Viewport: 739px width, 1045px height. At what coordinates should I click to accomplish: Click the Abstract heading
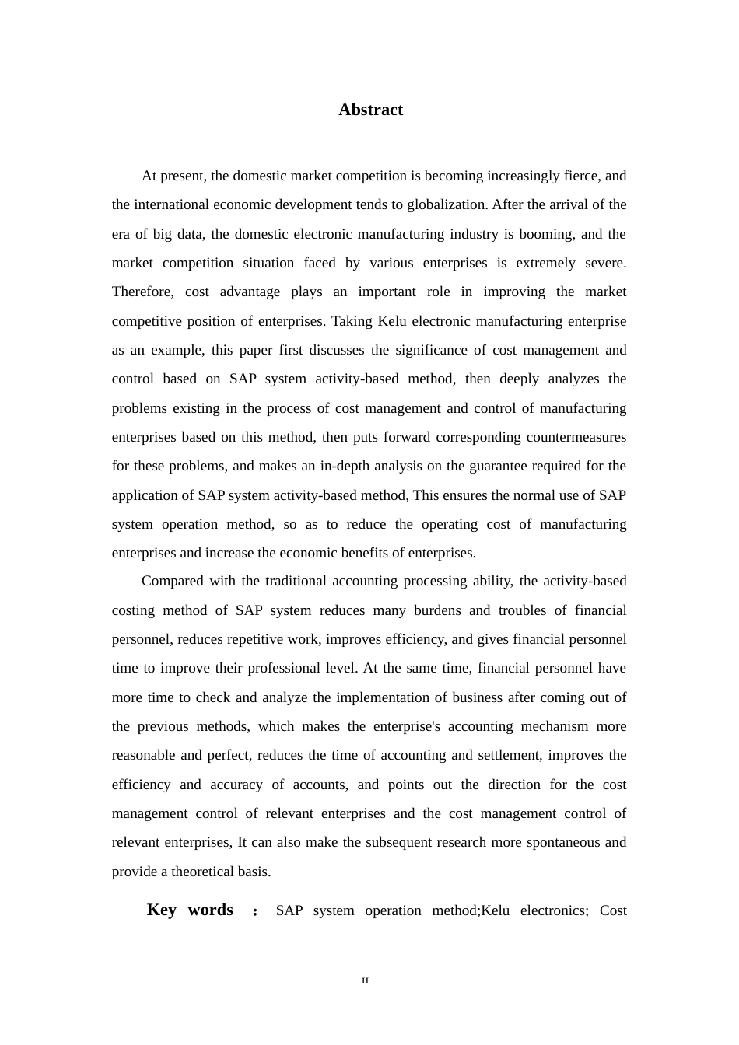click(x=370, y=110)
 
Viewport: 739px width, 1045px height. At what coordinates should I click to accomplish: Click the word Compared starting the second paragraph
click(x=171, y=582)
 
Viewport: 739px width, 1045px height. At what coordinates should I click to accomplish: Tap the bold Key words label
click(x=190, y=910)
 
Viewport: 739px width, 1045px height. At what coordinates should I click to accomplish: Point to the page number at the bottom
click(x=366, y=980)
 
